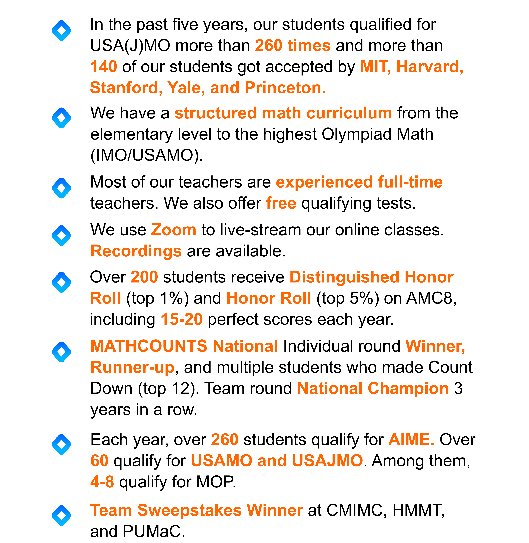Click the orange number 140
104,67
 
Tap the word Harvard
430,67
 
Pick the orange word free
281,203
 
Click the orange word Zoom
174,230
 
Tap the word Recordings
136,251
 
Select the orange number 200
144,277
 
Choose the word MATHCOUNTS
149,346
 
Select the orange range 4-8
102,482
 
